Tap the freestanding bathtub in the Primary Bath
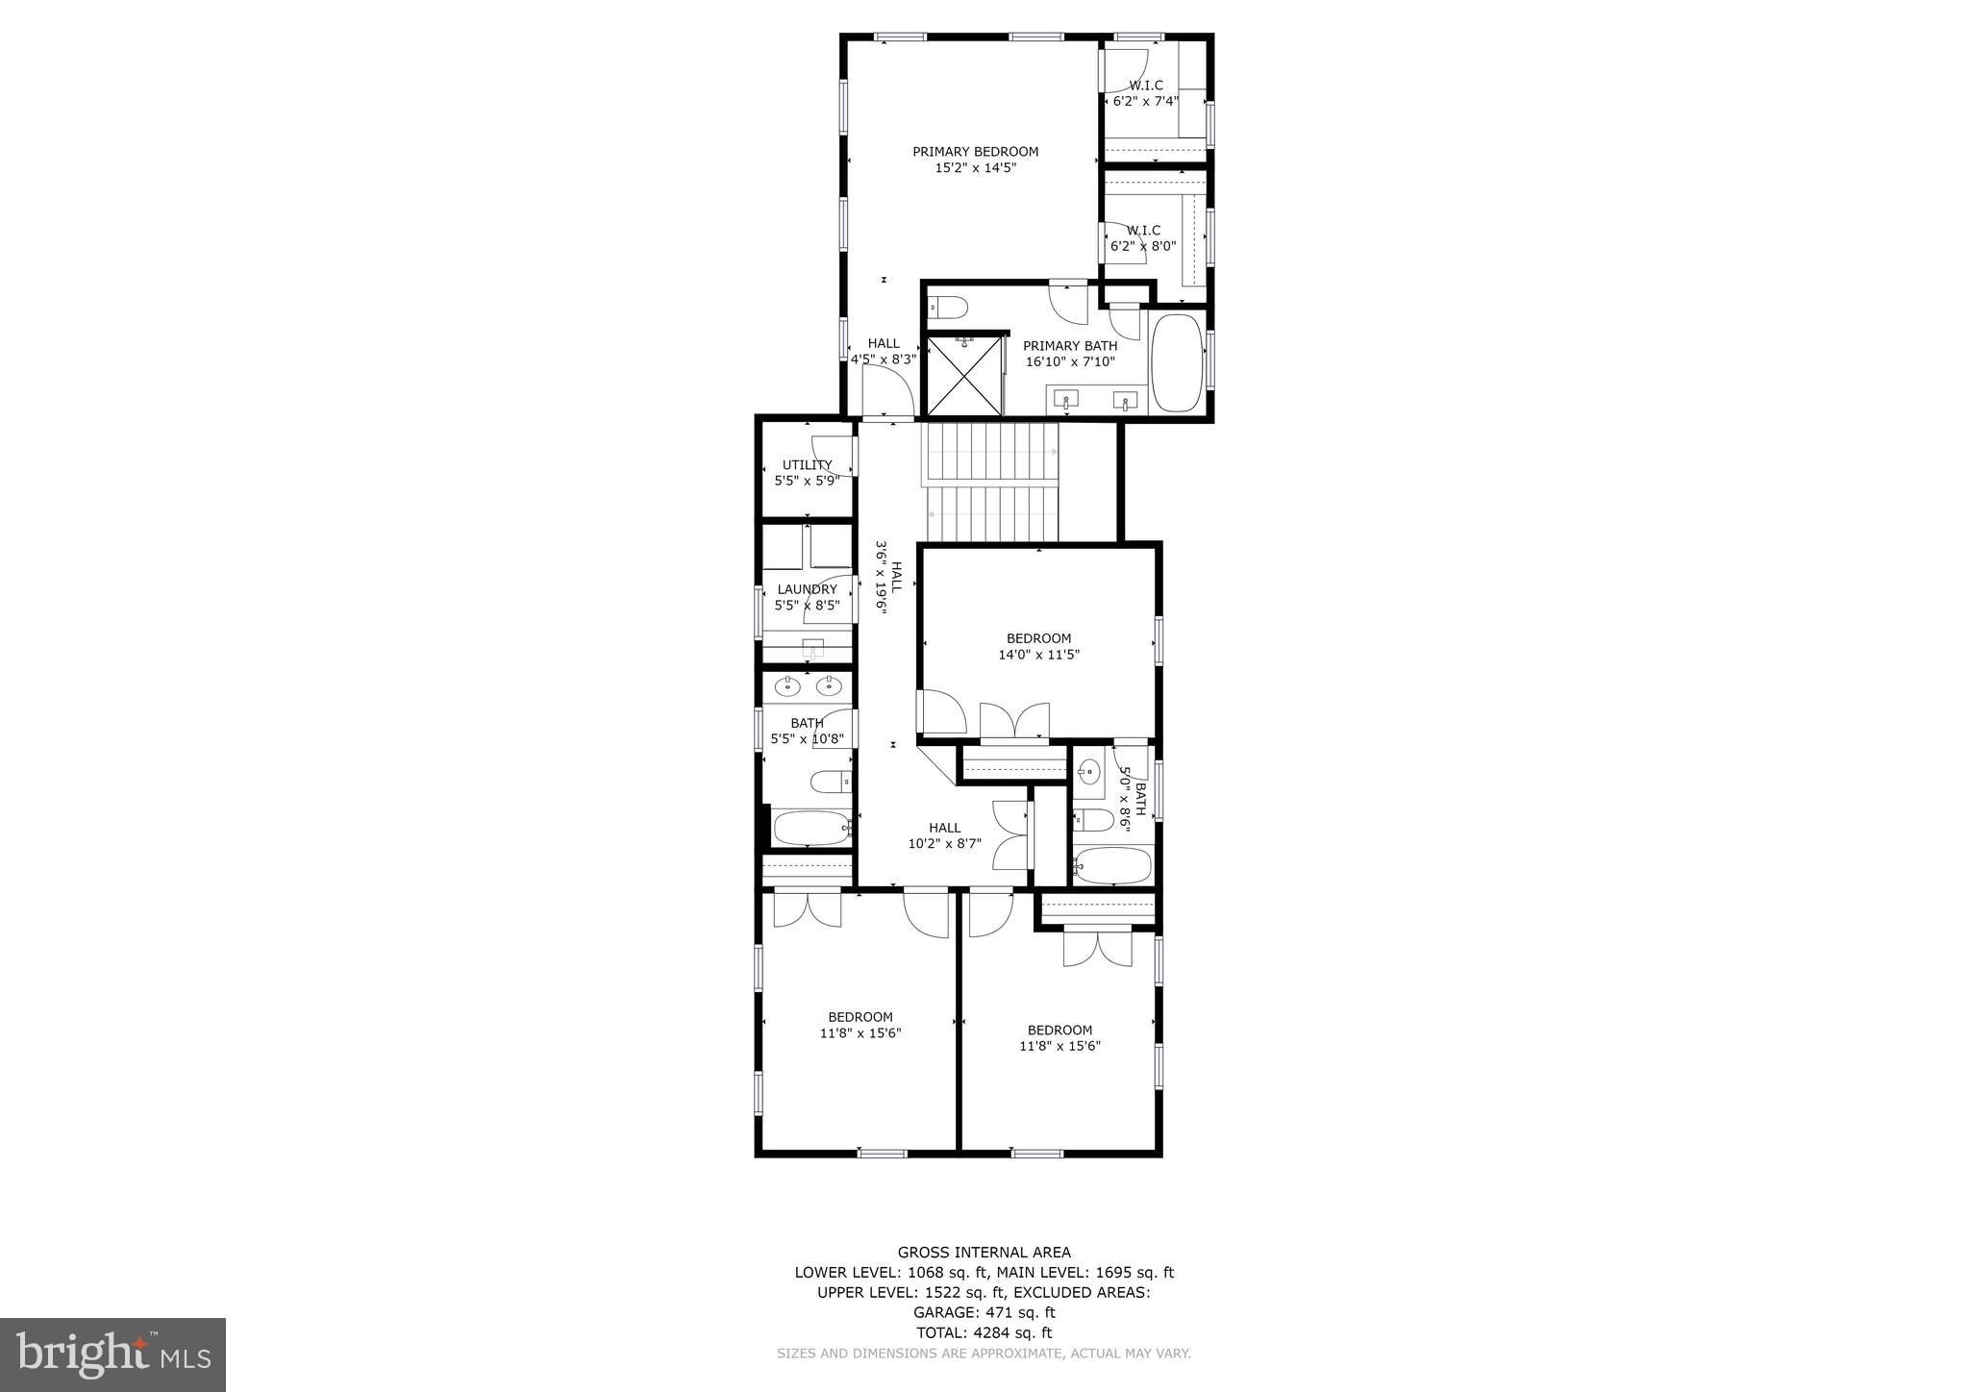pos(1177,362)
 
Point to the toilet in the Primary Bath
pos(949,308)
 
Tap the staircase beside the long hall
pos(991,483)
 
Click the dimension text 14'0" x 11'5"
pos(1038,655)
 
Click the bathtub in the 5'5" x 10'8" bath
pos(812,828)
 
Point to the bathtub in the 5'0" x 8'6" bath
pos(1112,865)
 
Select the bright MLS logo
pos(113,1355)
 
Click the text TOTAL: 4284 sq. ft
pos(984,1332)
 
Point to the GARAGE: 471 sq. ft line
pos(984,1312)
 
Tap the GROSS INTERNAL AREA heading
pos(984,1252)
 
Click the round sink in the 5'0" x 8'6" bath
pos(1089,770)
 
